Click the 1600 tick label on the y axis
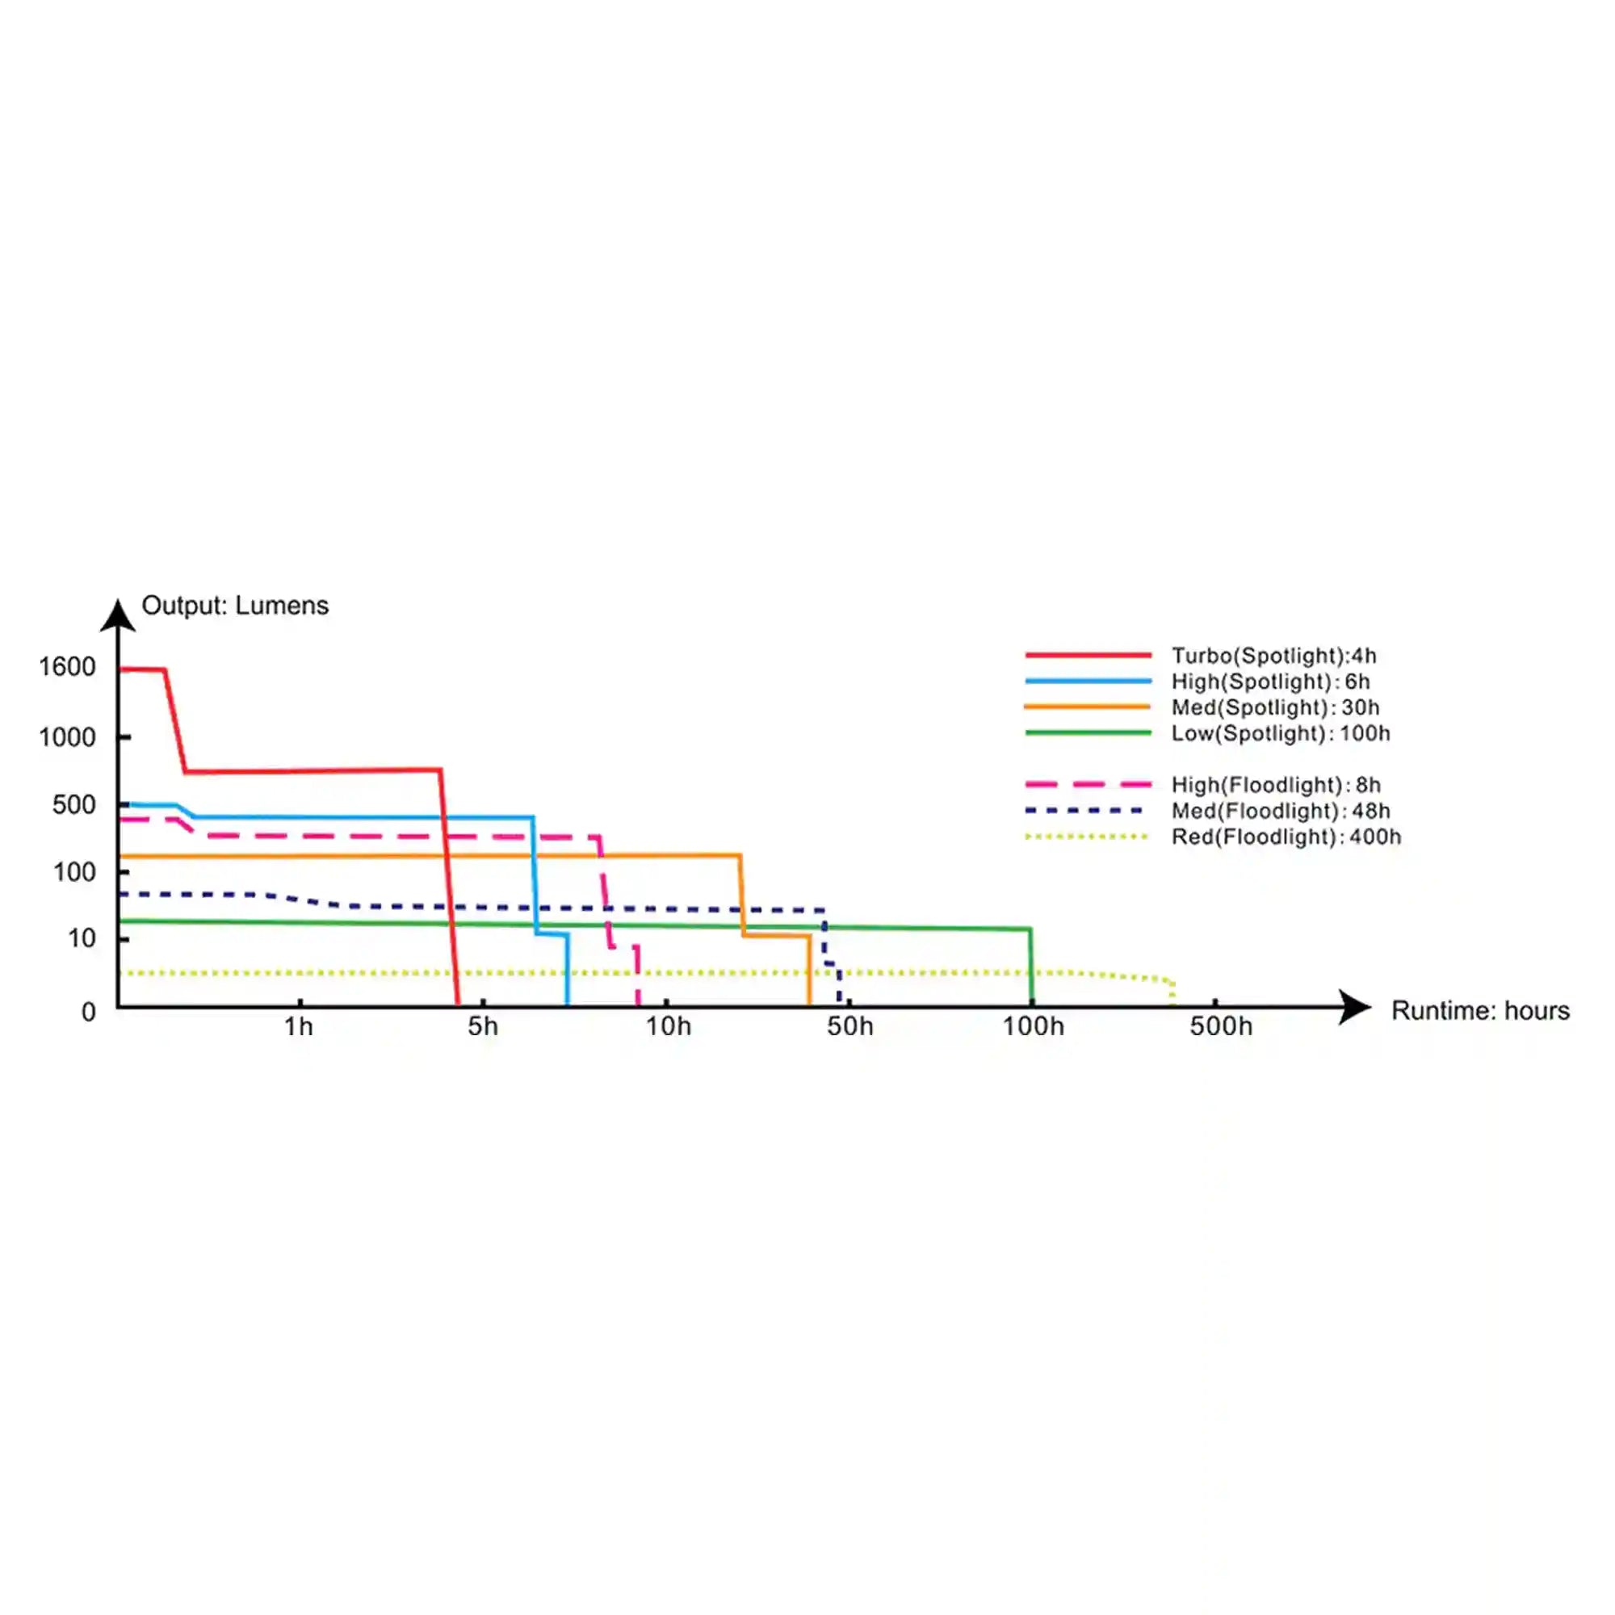pyautogui.click(x=67, y=667)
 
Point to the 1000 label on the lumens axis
pyautogui.click(x=67, y=737)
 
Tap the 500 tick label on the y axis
pyautogui.click(x=73, y=805)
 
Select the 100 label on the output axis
pyautogui.click(x=74, y=873)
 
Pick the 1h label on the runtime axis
pyautogui.click(x=299, y=1026)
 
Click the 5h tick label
pyautogui.click(x=482, y=1026)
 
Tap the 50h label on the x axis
pyautogui.click(x=850, y=1026)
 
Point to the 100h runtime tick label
pyautogui.click(x=1034, y=1026)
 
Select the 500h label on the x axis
pyautogui.click(x=1221, y=1026)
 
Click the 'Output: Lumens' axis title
pyautogui.click(x=235, y=605)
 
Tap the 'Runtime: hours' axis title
pyautogui.click(x=1480, y=1011)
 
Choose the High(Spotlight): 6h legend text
pyautogui.click(x=1270, y=682)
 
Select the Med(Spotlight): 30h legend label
pyautogui.click(x=1276, y=708)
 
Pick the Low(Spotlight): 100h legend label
pyautogui.click(x=1281, y=734)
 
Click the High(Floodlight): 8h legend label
pyautogui.click(x=1276, y=786)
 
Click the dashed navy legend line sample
pyautogui.click(x=1084, y=811)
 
